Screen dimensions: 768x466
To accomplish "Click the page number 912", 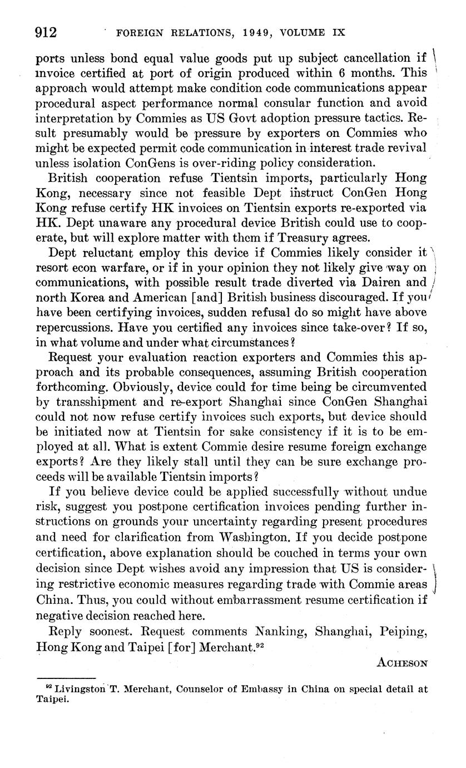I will click(x=47, y=33).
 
